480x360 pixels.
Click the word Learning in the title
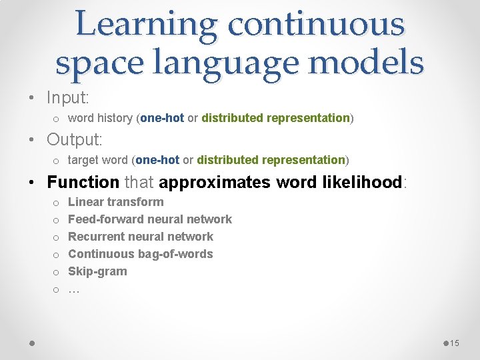click(145, 25)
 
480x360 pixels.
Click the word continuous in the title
click(315, 25)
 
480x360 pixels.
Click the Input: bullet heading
click(68, 97)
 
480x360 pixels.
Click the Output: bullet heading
click(75, 140)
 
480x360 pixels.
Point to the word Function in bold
click(83, 182)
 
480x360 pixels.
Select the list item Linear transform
click(115, 202)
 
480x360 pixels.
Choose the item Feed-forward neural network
click(150, 219)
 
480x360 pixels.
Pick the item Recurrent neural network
click(141, 237)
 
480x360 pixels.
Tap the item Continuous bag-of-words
click(141, 254)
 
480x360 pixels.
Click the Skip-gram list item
click(97, 271)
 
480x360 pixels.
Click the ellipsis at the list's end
click(73, 289)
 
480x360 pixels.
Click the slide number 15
click(455, 343)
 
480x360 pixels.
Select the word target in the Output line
click(83, 160)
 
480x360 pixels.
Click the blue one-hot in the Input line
click(162, 118)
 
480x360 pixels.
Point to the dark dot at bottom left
click(31, 343)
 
